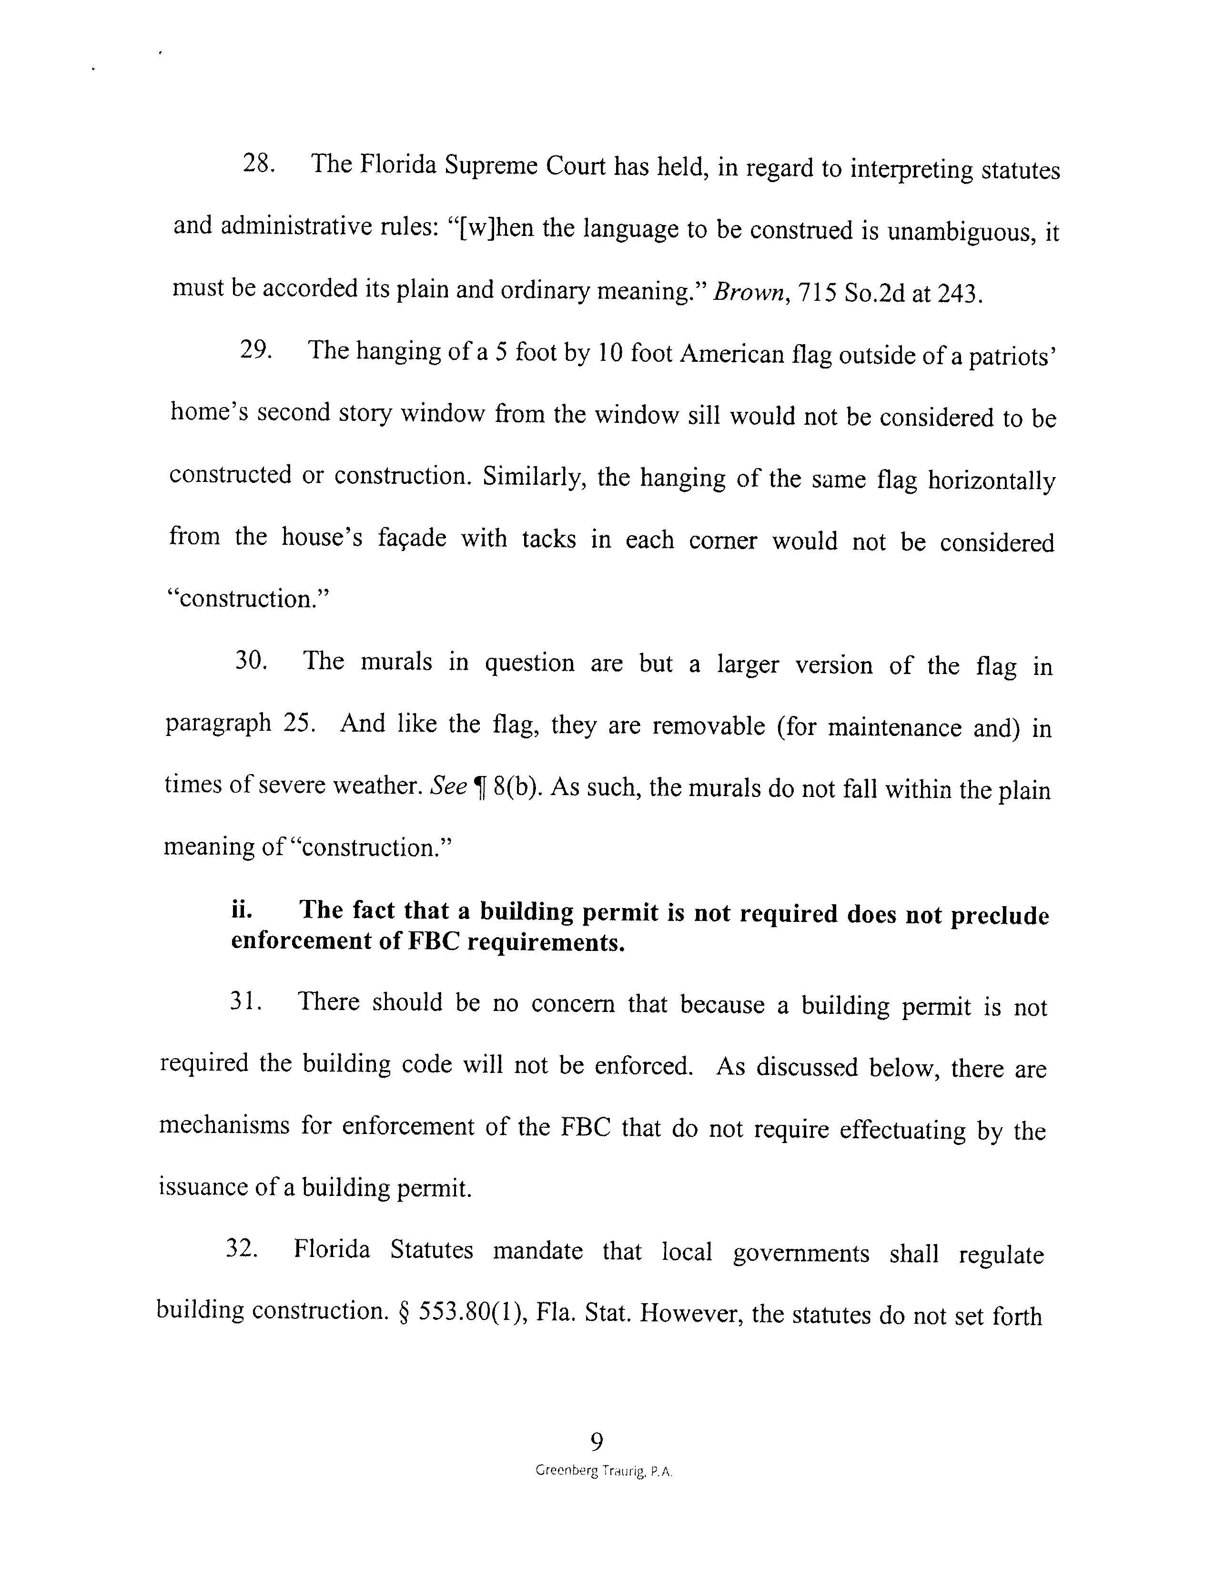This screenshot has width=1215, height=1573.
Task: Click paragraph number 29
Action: click(x=255, y=350)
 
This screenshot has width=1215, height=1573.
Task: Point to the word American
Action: click(x=731, y=354)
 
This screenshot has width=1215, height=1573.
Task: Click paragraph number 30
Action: click(x=251, y=661)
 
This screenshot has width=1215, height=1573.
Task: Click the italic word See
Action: click(x=448, y=786)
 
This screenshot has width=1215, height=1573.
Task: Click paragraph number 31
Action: click(x=245, y=1001)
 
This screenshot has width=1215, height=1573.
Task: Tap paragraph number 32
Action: click(x=242, y=1248)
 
